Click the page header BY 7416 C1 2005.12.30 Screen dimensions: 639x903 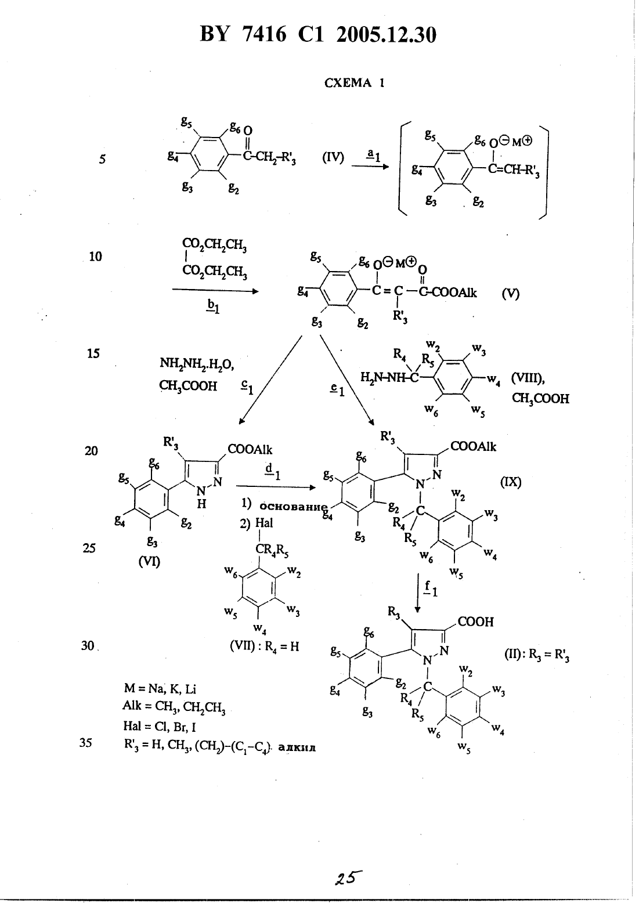click(318, 35)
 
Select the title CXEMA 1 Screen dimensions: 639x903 click(355, 83)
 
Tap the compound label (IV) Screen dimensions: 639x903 click(333, 158)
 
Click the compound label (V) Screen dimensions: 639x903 click(510, 294)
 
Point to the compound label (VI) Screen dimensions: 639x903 click(149, 561)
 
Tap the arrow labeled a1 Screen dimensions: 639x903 click(370, 166)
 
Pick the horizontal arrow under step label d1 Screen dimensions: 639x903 click(276, 487)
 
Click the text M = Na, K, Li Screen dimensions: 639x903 click(160, 689)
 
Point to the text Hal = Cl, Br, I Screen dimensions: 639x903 click(159, 727)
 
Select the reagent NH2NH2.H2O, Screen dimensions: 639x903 click(197, 364)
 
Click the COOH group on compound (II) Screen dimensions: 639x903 click(475, 622)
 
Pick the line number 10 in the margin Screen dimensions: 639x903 click(96, 257)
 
